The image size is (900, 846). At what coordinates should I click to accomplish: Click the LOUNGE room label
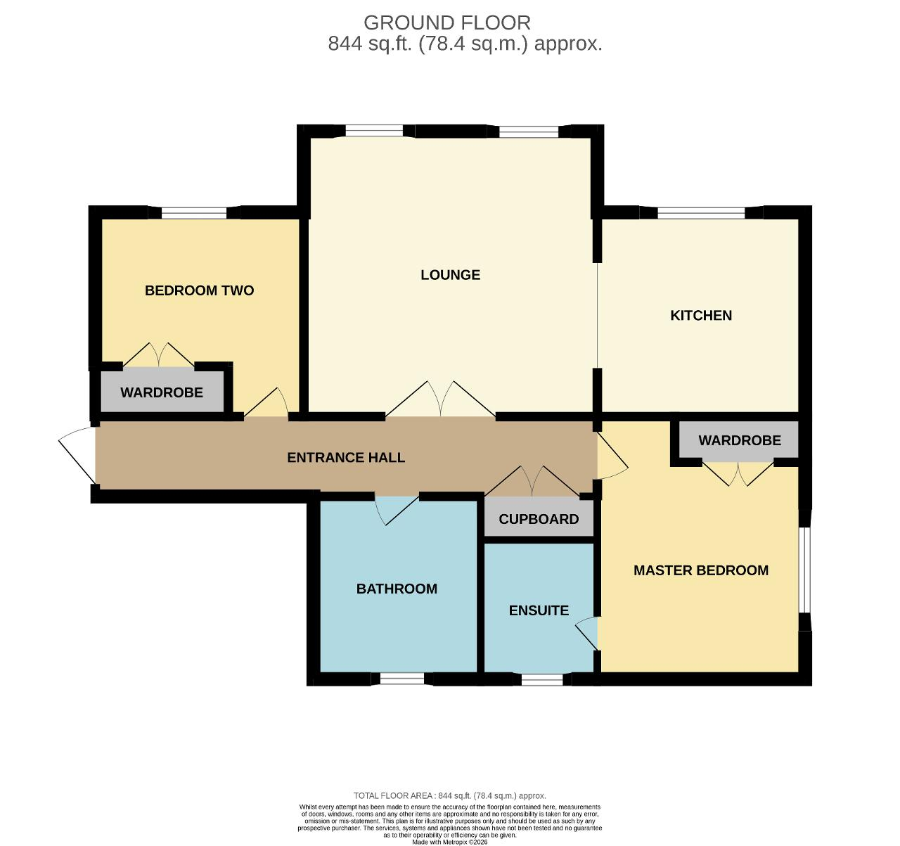450,275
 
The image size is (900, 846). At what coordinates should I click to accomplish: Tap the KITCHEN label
701,316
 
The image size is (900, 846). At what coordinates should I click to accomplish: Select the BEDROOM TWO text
200,290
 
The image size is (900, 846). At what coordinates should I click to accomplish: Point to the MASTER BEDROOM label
701,570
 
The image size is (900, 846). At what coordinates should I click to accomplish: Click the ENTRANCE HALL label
346,457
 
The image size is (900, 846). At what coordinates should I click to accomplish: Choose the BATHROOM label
397,589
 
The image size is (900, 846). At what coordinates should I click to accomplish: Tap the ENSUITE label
539,610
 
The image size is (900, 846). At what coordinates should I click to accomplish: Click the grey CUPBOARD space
539,517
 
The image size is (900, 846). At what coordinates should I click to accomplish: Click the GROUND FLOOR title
446,23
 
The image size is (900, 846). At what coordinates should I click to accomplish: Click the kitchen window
701,212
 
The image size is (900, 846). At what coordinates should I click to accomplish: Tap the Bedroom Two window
194,212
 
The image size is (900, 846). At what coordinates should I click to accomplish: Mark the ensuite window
542,679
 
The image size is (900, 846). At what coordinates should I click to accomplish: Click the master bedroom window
805,570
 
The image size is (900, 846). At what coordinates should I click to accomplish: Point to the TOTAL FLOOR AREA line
449,795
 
